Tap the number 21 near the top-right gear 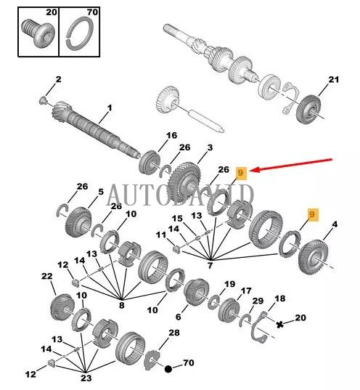coord(334,79)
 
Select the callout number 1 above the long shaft coord(110,109)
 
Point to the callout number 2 coord(58,78)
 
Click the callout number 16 coord(171,135)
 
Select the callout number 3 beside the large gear coord(210,148)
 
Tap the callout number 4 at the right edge coord(335,225)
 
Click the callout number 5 coord(100,192)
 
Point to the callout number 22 coord(46,277)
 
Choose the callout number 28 coord(173,333)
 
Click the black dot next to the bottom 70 coord(168,369)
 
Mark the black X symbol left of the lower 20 coord(279,324)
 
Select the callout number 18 coord(279,298)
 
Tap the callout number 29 coord(257,301)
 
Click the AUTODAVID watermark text coord(180,195)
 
